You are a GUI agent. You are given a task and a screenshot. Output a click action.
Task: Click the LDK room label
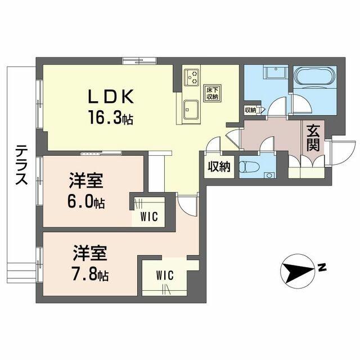(x=110, y=97)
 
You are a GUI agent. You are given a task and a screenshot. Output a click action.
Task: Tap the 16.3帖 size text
(x=110, y=118)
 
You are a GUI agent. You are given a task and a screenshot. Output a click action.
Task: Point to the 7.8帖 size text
(x=90, y=275)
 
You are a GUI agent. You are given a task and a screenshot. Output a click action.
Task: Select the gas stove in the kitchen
(x=191, y=76)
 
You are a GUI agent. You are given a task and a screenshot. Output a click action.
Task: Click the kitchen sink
(x=190, y=107)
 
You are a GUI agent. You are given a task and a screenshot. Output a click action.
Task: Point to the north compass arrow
(x=298, y=272)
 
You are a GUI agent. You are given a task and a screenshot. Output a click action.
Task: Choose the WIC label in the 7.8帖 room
(x=165, y=275)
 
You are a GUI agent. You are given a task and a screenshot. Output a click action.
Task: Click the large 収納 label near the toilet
(x=219, y=166)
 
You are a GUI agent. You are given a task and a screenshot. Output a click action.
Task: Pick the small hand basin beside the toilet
(x=269, y=174)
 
